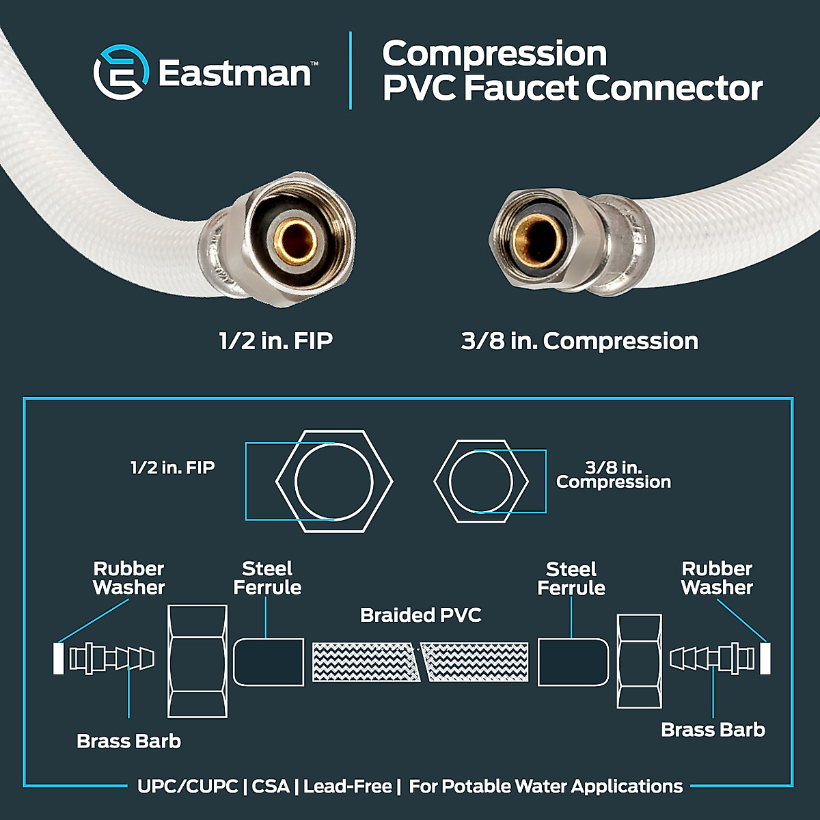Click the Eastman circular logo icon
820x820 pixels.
tap(121, 72)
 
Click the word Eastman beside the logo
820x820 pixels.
tap(234, 72)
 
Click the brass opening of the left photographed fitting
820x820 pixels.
tap(296, 242)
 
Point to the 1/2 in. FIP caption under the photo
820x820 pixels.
tap(276, 341)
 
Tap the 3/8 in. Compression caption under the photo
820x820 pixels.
tap(579, 341)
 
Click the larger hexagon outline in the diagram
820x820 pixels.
tap(334, 481)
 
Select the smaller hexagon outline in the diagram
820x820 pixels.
tap(481, 481)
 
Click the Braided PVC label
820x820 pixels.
tap(421, 615)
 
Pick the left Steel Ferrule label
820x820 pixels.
tap(267, 578)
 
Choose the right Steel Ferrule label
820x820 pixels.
tap(571, 579)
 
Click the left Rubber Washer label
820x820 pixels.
tap(129, 578)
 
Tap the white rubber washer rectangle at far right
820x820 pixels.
tap(765, 659)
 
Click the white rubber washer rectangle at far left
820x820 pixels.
tap(58, 659)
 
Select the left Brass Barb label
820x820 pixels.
tap(129, 741)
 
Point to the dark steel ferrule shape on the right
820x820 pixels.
tap(573, 662)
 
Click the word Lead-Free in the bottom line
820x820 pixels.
tap(348, 787)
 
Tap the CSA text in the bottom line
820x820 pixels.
tap(271, 787)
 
